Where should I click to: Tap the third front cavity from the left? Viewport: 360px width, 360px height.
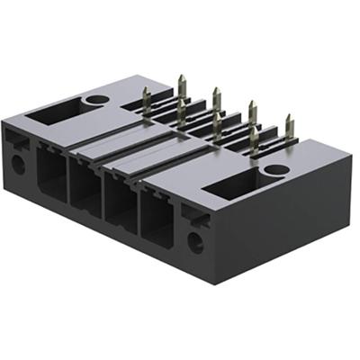(121, 208)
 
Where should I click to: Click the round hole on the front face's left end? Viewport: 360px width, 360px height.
(17, 164)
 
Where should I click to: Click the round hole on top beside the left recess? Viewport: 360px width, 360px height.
(97, 100)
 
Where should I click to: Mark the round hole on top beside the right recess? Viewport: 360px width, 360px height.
(277, 169)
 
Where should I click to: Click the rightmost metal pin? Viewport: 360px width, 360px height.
(288, 126)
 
